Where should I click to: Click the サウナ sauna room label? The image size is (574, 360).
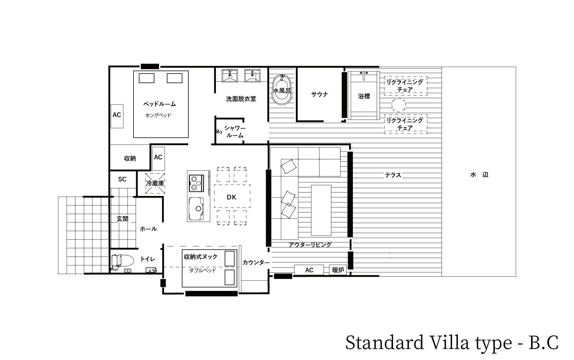click(320, 94)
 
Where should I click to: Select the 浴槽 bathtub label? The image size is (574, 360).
click(364, 96)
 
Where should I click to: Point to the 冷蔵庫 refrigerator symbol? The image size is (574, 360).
click(155, 183)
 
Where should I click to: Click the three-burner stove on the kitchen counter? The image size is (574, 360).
click(196, 183)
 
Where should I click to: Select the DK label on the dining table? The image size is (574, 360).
click(232, 197)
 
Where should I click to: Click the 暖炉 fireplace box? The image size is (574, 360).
click(338, 270)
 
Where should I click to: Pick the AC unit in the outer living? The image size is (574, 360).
click(309, 270)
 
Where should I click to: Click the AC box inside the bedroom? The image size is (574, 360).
click(117, 116)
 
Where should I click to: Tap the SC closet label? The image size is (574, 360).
click(122, 179)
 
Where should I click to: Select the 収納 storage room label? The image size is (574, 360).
click(130, 159)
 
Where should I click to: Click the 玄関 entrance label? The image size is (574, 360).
click(122, 219)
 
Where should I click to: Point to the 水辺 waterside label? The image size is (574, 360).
click(479, 175)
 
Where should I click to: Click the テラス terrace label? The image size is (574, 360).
click(393, 175)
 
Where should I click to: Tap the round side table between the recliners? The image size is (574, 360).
click(398, 105)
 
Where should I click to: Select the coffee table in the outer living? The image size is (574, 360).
click(321, 210)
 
